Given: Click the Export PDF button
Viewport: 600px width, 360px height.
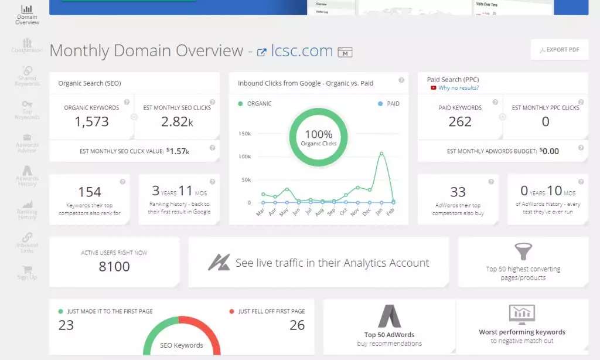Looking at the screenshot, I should click(x=559, y=50).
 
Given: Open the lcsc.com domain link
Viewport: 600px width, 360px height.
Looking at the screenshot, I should click(x=302, y=51).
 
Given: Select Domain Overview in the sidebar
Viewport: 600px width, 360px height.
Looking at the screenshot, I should click(x=27, y=15).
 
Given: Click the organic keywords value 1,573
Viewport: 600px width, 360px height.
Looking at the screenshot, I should click(x=91, y=121).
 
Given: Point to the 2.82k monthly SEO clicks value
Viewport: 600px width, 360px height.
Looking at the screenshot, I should click(x=177, y=121).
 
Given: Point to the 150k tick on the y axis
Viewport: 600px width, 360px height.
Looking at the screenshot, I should click(x=244, y=134).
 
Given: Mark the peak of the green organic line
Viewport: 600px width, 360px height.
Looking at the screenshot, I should click(x=382, y=153).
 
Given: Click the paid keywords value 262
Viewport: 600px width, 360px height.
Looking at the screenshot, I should click(x=460, y=121).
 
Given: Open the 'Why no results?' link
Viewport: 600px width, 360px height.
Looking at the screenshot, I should click(x=458, y=88).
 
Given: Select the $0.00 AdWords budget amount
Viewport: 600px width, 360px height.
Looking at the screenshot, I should click(x=549, y=151).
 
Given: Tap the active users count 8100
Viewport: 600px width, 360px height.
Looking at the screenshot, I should click(x=114, y=267).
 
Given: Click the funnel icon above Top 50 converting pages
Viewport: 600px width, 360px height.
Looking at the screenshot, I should click(x=523, y=252).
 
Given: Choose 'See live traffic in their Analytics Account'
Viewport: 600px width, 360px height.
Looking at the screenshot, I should click(x=332, y=263).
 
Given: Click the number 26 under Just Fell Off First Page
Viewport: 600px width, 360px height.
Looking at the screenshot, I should click(x=297, y=325).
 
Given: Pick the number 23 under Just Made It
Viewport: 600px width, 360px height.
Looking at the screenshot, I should click(x=66, y=325).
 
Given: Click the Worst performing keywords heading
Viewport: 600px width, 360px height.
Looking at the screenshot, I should click(x=522, y=332).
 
